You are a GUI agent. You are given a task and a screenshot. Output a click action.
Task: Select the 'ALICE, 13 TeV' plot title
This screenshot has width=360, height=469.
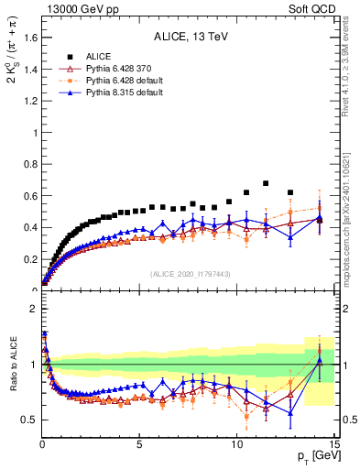pyautogui.click(x=191, y=38)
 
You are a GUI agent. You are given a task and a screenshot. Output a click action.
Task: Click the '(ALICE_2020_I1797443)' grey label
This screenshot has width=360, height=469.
pyautogui.click(x=190, y=274)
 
